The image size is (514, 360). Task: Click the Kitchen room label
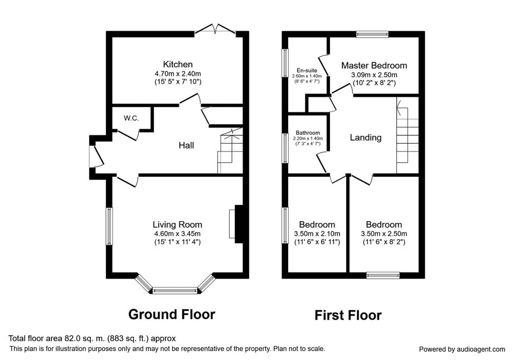[x=178, y=64]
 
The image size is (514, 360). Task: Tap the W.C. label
[x=131, y=118]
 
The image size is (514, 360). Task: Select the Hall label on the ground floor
[x=186, y=145]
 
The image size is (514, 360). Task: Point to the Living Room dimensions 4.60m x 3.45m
[x=177, y=234]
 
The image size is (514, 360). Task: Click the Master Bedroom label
[x=374, y=66]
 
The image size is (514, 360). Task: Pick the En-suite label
[x=307, y=70]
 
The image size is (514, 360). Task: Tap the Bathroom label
[x=308, y=133]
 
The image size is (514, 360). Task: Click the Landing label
[x=366, y=138]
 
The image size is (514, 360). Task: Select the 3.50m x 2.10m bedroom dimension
[x=317, y=234]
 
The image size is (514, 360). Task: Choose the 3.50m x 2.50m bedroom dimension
[x=384, y=234]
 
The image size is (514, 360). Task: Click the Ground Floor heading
[x=172, y=314]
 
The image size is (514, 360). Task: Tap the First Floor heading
[x=348, y=315]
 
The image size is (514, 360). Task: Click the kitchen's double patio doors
[x=215, y=29]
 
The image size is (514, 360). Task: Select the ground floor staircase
[x=230, y=150]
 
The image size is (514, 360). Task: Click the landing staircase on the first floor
[x=408, y=135]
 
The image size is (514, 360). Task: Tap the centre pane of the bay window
[x=175, y=290]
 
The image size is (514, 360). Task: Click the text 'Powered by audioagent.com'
[x=462, y=349]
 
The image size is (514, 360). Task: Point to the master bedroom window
[x=372, y=35]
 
